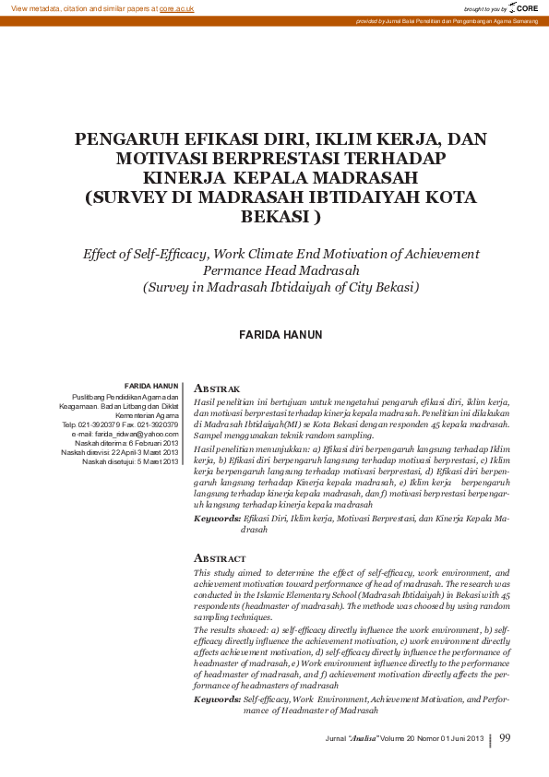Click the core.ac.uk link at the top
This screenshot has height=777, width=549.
pyautogui.click(x=176, y=7)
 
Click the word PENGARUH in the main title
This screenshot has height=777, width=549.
pyautogui.click(x=125, y=139)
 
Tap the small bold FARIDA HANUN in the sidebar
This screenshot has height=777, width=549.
pyautogui.click(x=151, y=385)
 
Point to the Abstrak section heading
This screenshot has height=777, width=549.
pyautogui.click(x=217, y=389)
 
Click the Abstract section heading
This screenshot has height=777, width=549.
pyautogui.click(x=220, y=558)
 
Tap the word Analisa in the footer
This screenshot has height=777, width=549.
pyautogui.click(x=363, y=739)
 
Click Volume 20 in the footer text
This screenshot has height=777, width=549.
pyautogui.click(x=398, y=739)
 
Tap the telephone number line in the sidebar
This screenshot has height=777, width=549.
pyautogui.click(x=120, y=424)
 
